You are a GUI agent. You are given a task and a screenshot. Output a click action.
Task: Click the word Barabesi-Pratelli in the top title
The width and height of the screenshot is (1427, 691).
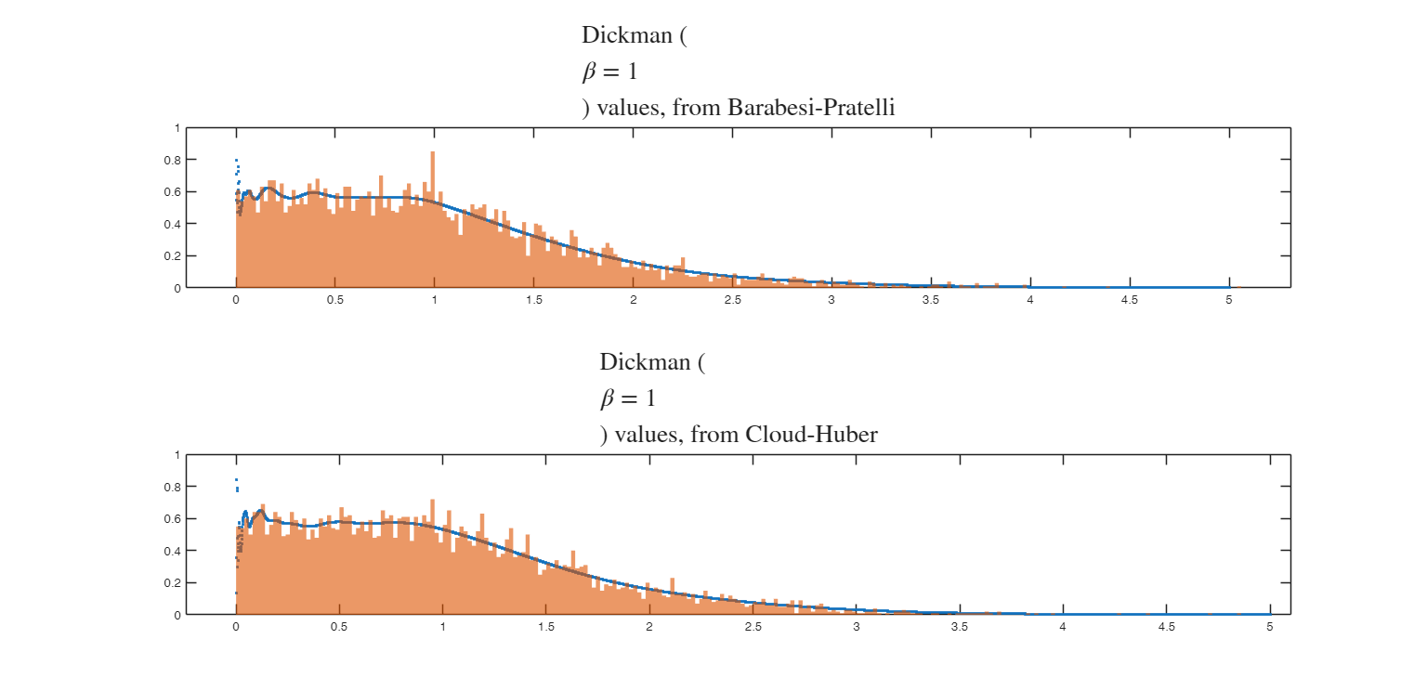(811, 108)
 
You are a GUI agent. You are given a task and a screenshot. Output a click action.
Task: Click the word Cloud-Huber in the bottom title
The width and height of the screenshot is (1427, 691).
(811, 434)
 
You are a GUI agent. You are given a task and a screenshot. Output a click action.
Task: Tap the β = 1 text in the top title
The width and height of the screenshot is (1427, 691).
(609, 72)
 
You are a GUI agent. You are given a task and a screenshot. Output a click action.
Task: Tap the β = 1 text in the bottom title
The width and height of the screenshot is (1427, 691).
(627, 398)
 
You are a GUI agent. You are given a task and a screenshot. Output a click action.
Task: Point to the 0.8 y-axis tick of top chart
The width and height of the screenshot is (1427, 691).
(174, 160)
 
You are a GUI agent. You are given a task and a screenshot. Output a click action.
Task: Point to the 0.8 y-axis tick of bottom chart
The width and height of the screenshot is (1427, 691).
(174, 487)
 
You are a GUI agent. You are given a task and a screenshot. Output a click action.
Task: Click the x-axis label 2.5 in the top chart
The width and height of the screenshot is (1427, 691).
(732, 300)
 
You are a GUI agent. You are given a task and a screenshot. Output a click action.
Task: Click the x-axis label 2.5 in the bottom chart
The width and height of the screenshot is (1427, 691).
(753, 627)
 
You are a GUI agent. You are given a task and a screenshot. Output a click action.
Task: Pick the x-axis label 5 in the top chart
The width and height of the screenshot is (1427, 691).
(1228, 300)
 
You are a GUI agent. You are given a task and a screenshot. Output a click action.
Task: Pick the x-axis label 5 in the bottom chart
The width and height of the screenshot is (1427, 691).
(1270, 627)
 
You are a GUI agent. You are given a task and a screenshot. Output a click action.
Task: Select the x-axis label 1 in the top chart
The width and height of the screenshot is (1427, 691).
(434, 300)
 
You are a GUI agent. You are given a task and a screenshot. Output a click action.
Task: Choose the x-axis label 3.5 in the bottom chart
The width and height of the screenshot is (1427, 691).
(959, 627)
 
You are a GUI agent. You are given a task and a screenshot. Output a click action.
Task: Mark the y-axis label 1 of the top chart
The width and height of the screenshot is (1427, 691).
(177, 128)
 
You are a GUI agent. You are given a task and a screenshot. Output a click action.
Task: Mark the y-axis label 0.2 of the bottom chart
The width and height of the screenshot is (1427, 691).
(174, 582)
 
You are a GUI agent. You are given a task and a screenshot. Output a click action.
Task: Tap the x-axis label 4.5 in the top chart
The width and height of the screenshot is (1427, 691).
(1129, 300)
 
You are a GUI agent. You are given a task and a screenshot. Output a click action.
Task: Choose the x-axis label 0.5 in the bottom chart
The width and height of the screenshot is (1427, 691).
(339, 627)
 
